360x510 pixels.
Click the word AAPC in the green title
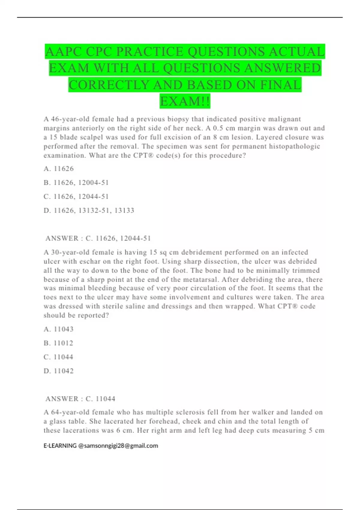(64, 52)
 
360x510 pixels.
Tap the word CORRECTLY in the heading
(109, 85)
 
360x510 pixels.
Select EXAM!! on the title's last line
(185, 101)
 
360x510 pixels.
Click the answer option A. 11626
(58, 169)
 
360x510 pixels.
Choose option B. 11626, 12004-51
(76, 183)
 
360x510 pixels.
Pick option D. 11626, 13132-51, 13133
(89, 211)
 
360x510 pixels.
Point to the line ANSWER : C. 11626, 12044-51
(98, 238)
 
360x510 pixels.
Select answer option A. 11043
(58, 329)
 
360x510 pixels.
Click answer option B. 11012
(58, 343)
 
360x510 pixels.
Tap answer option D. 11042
(58, 371)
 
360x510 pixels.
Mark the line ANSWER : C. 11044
(80, 399)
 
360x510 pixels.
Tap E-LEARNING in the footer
(60, 446)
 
